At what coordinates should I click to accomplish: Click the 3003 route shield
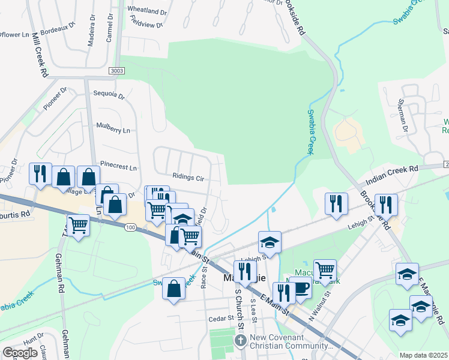coord(118,71)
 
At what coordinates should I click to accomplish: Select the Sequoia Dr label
coord(109,95)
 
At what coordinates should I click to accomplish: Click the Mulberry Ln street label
coord(113,129)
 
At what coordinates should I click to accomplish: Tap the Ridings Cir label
coord(188,178)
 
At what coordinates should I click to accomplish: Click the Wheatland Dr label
coord(147,11)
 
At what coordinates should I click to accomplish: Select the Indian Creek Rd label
coord(392,173)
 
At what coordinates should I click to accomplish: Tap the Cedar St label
coord(220,319)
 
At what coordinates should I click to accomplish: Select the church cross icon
coord(240,341)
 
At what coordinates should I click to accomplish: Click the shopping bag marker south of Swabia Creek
coord(173,289)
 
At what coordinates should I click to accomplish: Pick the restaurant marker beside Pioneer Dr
coord(40,174)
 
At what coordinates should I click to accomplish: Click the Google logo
coord(20,352)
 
